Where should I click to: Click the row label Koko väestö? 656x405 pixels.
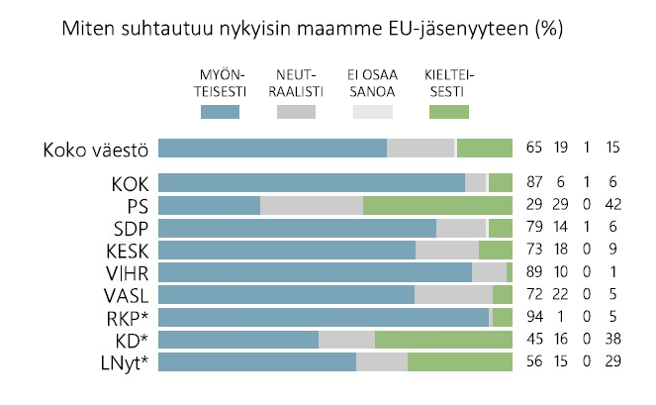pos(96,150)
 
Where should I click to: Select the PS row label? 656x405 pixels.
pos(137,205)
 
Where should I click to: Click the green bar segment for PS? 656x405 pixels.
pos(437,205)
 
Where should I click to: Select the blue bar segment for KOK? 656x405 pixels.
pos(312,182)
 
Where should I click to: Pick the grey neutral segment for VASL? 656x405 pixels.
pos(453,295)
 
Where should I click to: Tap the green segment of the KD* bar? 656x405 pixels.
pos(443,340)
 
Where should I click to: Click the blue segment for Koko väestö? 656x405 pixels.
pos(272,149)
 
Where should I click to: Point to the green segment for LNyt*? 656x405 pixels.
pos(460,362)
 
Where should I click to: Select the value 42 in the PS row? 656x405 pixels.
pos(612,205)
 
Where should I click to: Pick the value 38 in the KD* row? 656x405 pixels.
pos(612,340)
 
